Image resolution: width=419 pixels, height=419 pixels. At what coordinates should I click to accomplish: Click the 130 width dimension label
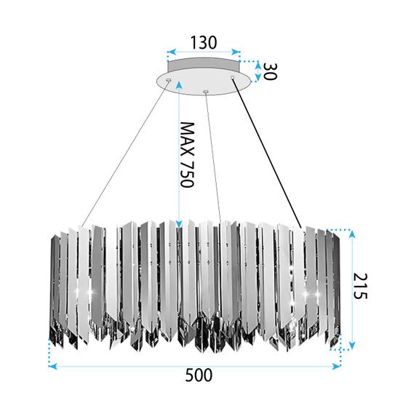(x=203, y=42)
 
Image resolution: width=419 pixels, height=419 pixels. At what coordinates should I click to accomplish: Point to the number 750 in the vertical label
(x=187, y=175)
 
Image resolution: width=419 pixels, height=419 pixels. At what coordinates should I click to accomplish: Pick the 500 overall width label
(x=199, y=376)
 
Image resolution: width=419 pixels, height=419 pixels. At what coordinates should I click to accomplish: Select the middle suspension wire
(x=213, y=153)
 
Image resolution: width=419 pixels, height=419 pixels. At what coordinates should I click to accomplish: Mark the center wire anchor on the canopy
(x=206, y=91)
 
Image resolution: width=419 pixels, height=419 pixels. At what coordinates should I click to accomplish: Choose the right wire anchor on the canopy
(x=233, y=77)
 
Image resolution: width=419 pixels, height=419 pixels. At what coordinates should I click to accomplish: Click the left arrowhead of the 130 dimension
(x=170, y=53)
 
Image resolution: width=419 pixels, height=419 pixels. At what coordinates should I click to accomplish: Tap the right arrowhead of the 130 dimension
(x=237, y=53)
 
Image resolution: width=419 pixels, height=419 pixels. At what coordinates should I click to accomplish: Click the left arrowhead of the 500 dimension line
(x=52, y=365)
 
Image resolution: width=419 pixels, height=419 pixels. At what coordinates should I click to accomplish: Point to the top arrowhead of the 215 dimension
(x=352, y=234)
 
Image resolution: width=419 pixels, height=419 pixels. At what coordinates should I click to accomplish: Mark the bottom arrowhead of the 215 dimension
(x=352, y=344)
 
